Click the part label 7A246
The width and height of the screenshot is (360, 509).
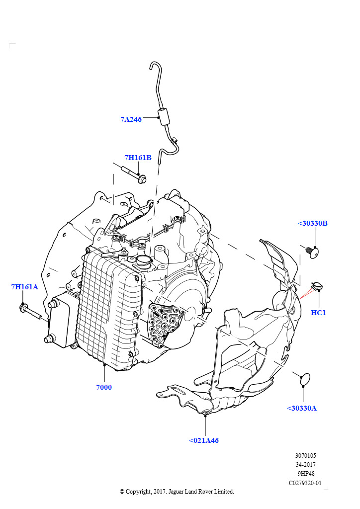pos(131,119)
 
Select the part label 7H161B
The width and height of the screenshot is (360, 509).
pos(138,158)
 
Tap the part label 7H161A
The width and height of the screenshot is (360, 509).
pos(25,287)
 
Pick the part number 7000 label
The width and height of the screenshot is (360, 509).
pos(104,387)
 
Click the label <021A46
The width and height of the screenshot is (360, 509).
pos(203,440)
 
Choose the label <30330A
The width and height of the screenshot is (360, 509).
pos(301,408)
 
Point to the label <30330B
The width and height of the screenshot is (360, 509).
pos(312,223)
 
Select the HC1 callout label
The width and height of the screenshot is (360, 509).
pos(318,313)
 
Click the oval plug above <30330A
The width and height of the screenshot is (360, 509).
pos(304,379)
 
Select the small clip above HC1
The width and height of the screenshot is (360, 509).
pos(317,287)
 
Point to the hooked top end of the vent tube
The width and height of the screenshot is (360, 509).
pos(154,67)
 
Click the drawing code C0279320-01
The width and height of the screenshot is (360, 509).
pos(305,483)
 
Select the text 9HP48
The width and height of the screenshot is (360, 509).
pos(305,474)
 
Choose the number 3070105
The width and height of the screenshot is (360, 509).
pos(305,455)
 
